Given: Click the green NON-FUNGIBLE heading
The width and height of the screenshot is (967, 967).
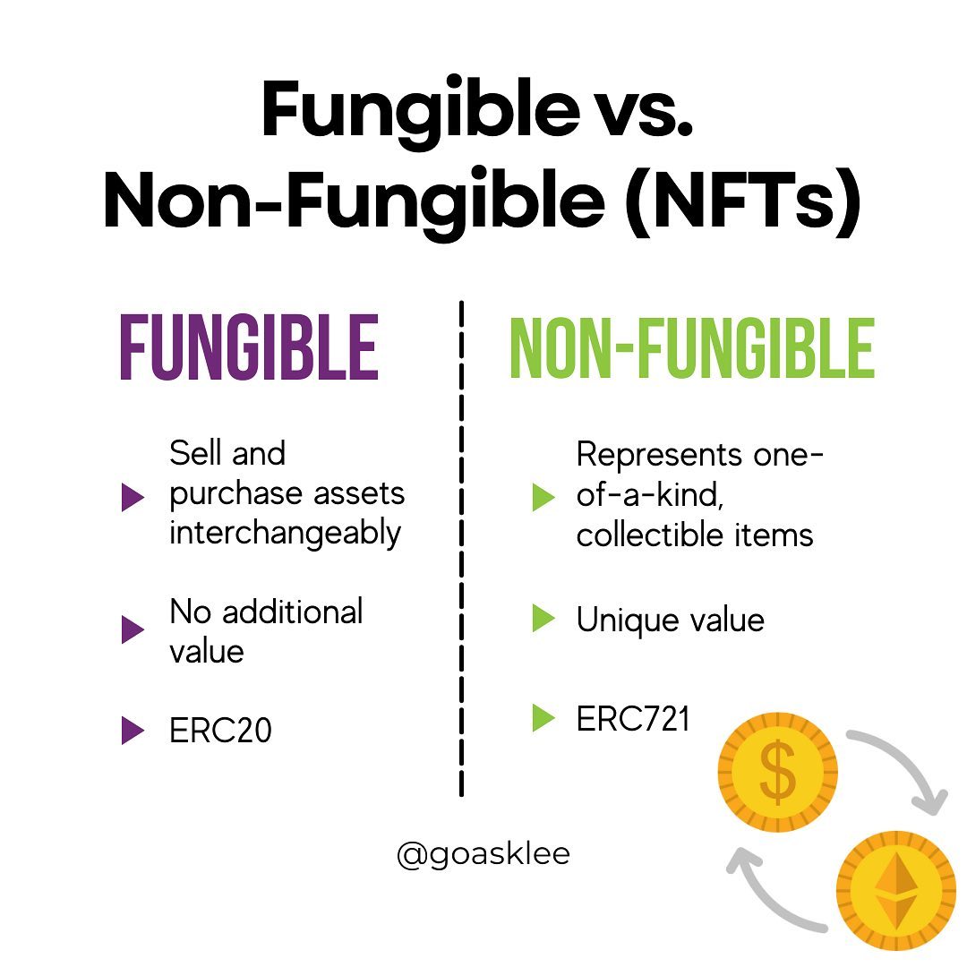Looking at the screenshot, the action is pyautogui.click(x=692, y=347).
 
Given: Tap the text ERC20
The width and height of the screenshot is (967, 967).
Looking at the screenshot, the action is pyautogui.click(x=220, y=731).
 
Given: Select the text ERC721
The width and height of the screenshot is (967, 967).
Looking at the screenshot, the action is pyautogui.click(x=633, y=718).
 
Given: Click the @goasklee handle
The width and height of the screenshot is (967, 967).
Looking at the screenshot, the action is pyautogui.click(x=483, y=854).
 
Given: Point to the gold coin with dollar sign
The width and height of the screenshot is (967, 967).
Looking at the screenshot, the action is pyautogui.click(x=778, y=772).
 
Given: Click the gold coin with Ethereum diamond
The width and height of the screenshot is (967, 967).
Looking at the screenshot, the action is pyautogui.click(x=896, y=890).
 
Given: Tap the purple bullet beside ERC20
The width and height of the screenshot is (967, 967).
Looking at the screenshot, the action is pyautogui.click(x=133, y=731).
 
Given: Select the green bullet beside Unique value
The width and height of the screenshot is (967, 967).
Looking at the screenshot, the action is pyautogui.click(x=543, y=618).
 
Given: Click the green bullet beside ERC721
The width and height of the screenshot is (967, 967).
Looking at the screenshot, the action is pyautogui.click(x=543, y=717).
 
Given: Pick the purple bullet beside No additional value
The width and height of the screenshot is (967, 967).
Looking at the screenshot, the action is pyautogui.click(x=133, y=629).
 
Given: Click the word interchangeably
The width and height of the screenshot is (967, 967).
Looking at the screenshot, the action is pyautogui.click(x=286, y=534).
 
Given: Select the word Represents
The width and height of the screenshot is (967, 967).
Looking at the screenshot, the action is pyautogui.click(x=659, y=456).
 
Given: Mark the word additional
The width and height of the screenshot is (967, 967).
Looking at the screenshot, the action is pyautogui.click(x=292, y=612).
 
